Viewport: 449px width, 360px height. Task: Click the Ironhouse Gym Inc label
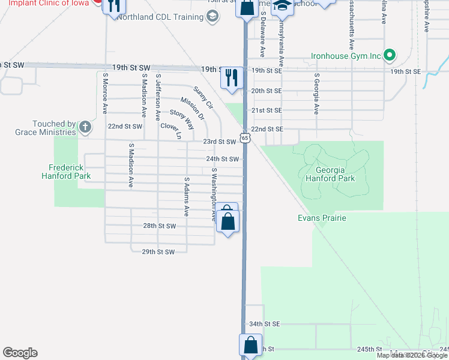346,56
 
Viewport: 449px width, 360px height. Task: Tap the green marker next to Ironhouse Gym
389,56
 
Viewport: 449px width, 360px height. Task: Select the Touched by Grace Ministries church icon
85,127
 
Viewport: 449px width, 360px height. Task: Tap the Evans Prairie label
322,218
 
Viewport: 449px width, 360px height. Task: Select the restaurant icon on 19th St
231,77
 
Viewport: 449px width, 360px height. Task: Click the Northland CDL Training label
160,17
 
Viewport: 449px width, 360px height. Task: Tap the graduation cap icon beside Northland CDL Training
212,17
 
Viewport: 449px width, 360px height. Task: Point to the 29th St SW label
158,252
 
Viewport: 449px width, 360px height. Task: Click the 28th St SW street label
159,226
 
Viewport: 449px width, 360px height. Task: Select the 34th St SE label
265,324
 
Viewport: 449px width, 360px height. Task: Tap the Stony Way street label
182,119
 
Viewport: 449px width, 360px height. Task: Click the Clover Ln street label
170,131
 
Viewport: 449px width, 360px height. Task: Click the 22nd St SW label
125,127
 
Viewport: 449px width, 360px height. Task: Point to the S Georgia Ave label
316,94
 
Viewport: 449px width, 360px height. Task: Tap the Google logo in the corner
20,353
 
